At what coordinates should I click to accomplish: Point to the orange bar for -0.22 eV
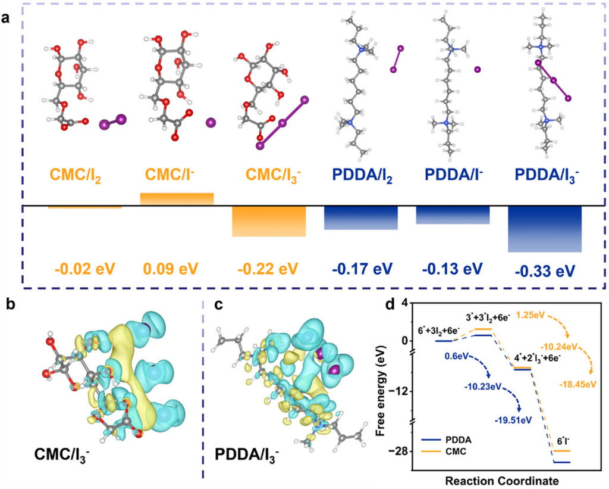268,222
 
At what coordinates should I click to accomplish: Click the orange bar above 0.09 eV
177,199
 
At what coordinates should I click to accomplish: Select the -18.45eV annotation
577,384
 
